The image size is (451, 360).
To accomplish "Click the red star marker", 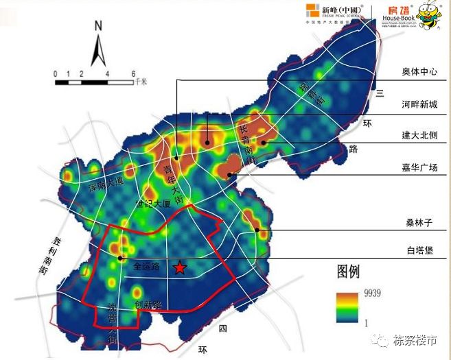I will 179,268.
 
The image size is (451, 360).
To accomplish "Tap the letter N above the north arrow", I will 98,27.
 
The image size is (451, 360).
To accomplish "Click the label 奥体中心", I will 419,72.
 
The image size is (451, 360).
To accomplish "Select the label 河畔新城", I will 419,104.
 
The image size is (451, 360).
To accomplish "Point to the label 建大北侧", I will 419,136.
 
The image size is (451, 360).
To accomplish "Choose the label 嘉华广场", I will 419,167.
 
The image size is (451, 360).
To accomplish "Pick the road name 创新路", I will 148,304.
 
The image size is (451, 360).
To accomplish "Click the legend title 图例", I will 348,270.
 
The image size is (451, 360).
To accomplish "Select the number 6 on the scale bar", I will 133,73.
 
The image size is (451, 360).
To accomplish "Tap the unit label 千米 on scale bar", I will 142,81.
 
